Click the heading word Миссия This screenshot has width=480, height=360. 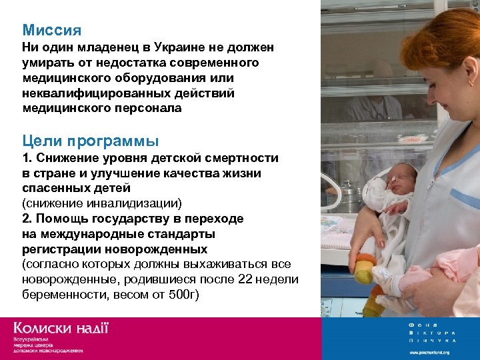click(x=51, y=31)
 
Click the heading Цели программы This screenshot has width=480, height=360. click(x=90, y=141)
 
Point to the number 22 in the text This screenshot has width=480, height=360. click(x=246, y=279)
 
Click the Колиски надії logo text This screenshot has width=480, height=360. click(x=60, y=329)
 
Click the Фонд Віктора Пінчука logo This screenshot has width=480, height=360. click(x=433, y=332)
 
